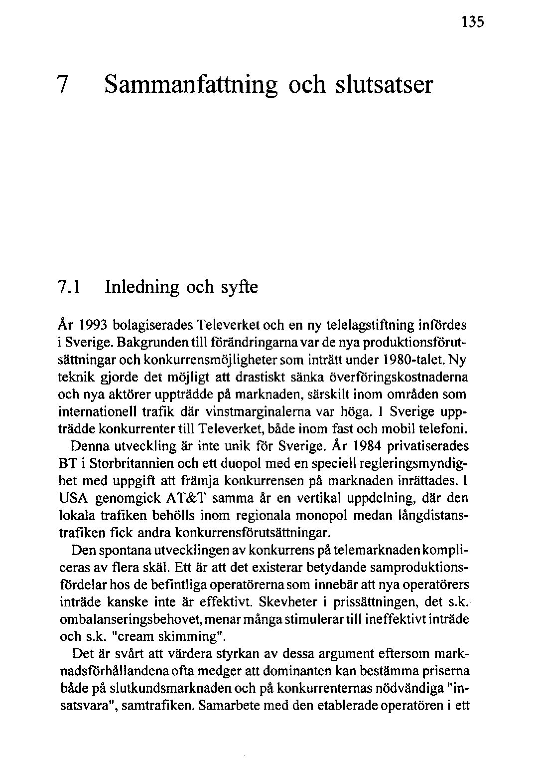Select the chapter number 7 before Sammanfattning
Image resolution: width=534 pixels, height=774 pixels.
(x=62, y=85)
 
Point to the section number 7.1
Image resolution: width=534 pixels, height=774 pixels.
(x=70, y=287)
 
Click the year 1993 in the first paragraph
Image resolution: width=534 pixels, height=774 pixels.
(x=92, y=326)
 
